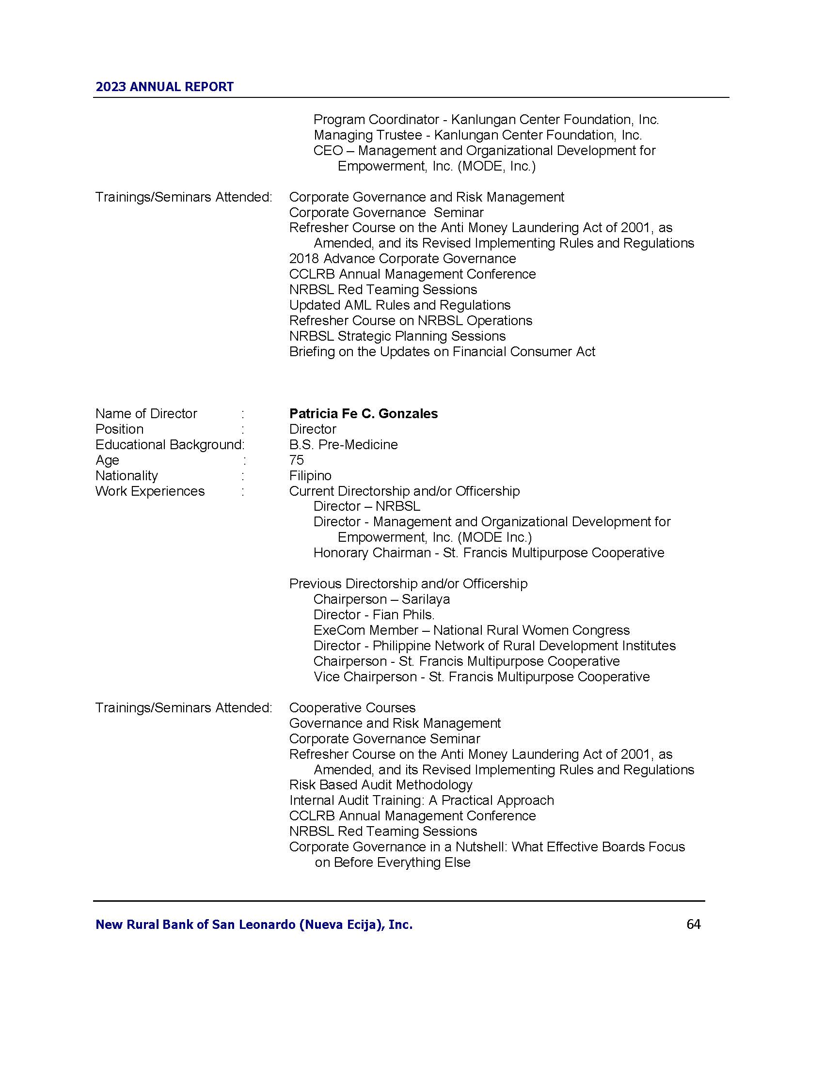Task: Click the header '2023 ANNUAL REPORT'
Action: coord(164,87)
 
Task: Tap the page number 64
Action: coord(693,924)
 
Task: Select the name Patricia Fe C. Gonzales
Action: coord(363,413)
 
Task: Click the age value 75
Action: coord(296,460)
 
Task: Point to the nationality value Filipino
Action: coord(310,475)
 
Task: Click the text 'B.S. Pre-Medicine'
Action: coord(343,444)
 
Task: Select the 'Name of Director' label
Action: coord(146,413)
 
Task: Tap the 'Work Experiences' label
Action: coord(150,491)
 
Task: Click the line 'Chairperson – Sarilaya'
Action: coord(381,599)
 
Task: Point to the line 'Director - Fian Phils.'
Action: coord(373,614)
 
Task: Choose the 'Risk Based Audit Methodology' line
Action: coord(381,785)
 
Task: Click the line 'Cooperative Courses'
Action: coord(352,708)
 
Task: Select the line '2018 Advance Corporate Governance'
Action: coord(402,258)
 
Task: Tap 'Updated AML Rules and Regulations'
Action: coord(399,305)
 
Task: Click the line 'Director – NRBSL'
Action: coord(366,506)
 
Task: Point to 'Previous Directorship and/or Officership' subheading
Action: coord(408,583)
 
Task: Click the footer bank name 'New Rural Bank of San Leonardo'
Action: coord(254,925)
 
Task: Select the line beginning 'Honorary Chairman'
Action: coord(489,552)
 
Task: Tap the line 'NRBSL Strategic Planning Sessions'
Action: coord(397,336)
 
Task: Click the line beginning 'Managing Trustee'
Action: coord(477,135)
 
